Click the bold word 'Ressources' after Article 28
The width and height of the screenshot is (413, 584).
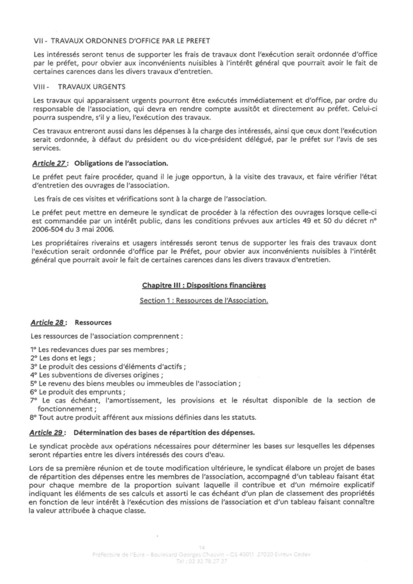pyautogui.click(x=93, y=322)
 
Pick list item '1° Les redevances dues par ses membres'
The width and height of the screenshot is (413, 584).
pyautogui.click(x=98, y=349)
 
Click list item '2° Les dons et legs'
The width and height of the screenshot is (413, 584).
pyautogui.click(x=62, y=358)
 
